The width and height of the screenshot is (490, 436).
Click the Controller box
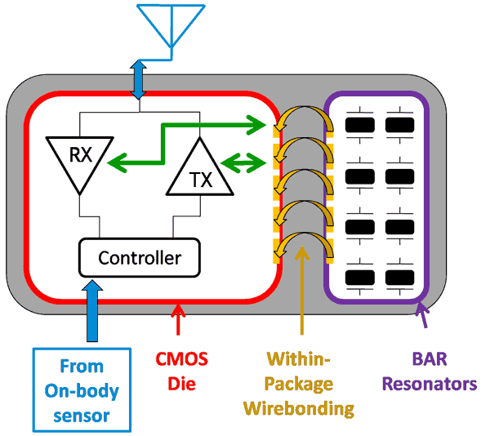pos(139,257)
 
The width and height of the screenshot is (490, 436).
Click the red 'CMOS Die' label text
pos(180,370)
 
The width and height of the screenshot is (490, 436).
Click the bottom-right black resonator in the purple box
pos(400,278)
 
